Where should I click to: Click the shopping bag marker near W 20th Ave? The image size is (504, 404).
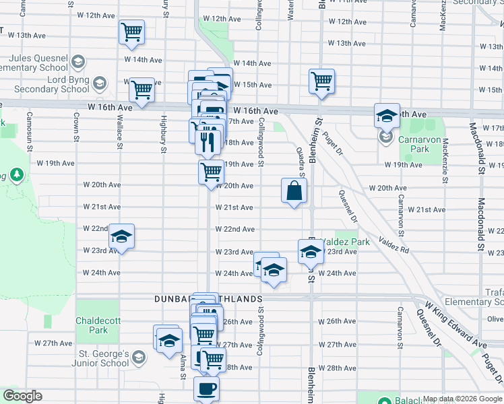[294, 191]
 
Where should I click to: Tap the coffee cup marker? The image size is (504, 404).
[206, 389]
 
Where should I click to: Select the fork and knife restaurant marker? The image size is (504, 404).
[208, 141]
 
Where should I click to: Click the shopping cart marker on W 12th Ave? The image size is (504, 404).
[131, 31]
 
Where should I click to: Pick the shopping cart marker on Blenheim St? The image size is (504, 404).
[322, 81]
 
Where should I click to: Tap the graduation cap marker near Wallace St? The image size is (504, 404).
[122, 237]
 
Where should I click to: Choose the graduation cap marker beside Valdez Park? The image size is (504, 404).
[311, 252]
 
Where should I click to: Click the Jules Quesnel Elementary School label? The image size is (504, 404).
[34, 63]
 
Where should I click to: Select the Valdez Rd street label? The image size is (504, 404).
[393, 244]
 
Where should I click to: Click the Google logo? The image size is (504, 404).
[23, 396]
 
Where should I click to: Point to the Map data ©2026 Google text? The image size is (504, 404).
[462, 399]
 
